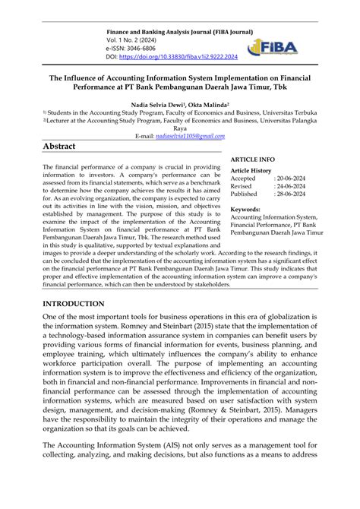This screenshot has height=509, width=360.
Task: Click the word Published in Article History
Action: pyautogui.click(x=245, y=195)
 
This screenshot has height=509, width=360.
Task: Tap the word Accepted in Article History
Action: pyautogui.click(x=245, y=179)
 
